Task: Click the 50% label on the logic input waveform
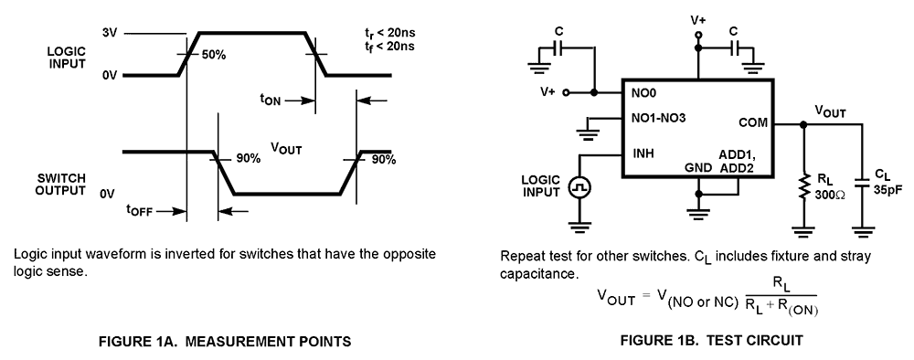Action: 215,56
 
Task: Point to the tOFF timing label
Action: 140,210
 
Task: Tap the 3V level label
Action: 110,34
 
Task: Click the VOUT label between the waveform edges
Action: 286,147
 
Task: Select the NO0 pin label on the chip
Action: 644,93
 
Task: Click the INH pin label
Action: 643,153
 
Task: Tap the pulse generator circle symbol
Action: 579,187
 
